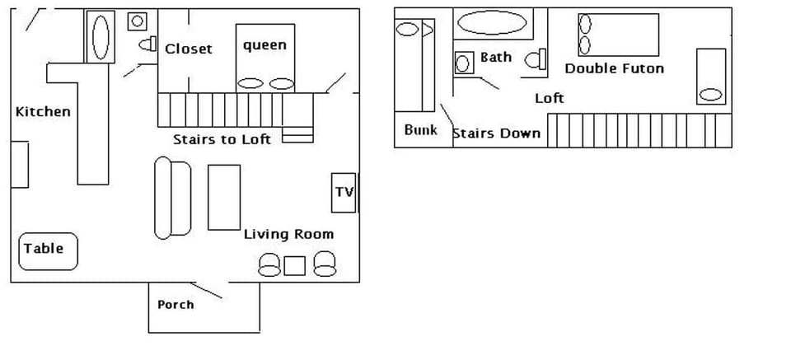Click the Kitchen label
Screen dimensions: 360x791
coord(43,111)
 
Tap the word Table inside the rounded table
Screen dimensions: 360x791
coord(44,248)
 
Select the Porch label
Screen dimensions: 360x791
coord(176,305)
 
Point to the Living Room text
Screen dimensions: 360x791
coord(288,234)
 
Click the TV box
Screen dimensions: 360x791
coord(344,192)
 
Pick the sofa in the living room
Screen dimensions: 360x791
coord(172,199)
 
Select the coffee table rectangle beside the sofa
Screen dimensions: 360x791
coord(224,197)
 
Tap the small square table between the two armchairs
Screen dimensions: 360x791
coord(294,265)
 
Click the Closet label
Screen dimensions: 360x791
coord(188,49)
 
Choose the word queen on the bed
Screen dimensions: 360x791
coord(264,45)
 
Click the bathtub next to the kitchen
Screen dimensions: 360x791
coord(101,36)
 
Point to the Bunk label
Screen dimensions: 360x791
coord(420,130)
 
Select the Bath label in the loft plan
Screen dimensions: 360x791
coord(496,57)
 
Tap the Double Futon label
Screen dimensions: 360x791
coord(614,68)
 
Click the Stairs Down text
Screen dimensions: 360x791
coord(497,133)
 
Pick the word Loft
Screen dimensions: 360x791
coord(550,98)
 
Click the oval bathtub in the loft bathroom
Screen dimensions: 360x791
coord(492,22)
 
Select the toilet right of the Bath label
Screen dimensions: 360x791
coord(536,58)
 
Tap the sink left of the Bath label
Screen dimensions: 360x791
coord(464,63)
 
